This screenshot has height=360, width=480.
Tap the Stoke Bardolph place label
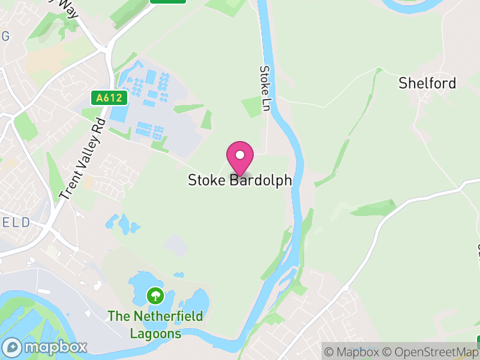click(x=240, y=180)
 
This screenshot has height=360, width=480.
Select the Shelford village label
click(x=427, y=83)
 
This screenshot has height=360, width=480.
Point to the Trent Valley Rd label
click(x=83, y=159)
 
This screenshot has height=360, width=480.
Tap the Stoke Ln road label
click(x=265, y=88)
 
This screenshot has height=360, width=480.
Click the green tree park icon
click(x=155, y=295)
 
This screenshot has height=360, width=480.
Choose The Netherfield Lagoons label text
click(x=155, y=324)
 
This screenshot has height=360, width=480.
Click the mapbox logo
click(x=45, y=347)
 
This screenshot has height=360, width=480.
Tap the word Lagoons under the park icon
click(x=155, y=333)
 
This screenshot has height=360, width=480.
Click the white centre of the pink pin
click(x=240, y=155)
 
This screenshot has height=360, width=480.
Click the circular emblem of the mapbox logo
click(x=12, y=347)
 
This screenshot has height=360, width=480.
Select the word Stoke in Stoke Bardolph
click(x=207, y=180)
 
